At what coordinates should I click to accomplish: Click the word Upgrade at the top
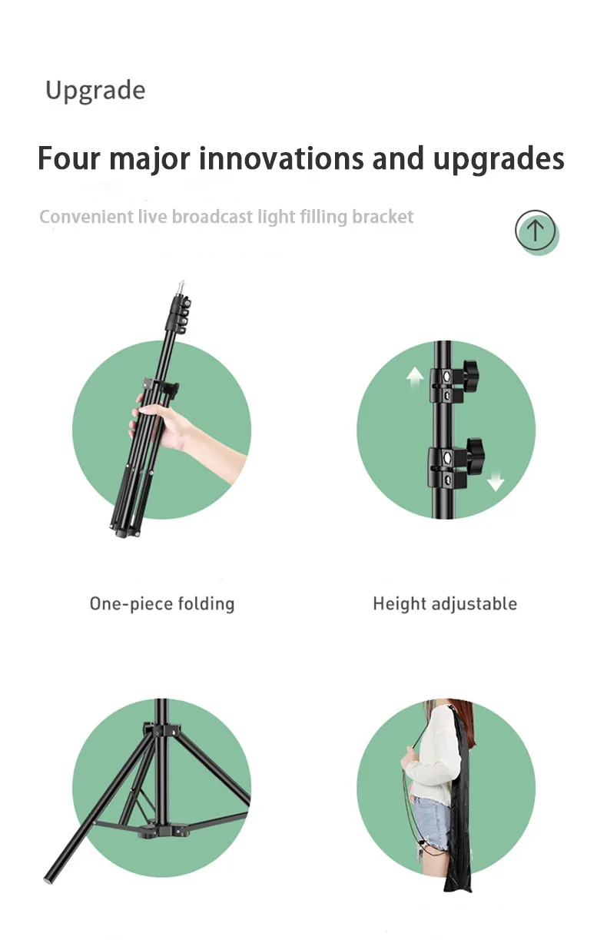[x=95, y=91]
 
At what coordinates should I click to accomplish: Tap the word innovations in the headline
[x=281, y=158]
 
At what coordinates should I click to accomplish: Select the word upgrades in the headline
[x=499, y=160]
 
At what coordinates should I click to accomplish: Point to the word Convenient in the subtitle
[x=86, y=217]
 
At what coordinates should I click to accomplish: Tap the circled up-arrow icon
[x=536, y=231]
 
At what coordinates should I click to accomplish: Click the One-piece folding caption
[x=162, y=604]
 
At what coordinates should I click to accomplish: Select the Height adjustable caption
[x=445, y=604]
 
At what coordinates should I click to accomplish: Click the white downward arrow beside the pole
[x=496, y=480]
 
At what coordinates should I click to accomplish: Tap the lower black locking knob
[x=474, y=450]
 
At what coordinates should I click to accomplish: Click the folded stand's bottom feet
[x=126, y=529]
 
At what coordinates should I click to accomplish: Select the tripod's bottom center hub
[x=161, y=829]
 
